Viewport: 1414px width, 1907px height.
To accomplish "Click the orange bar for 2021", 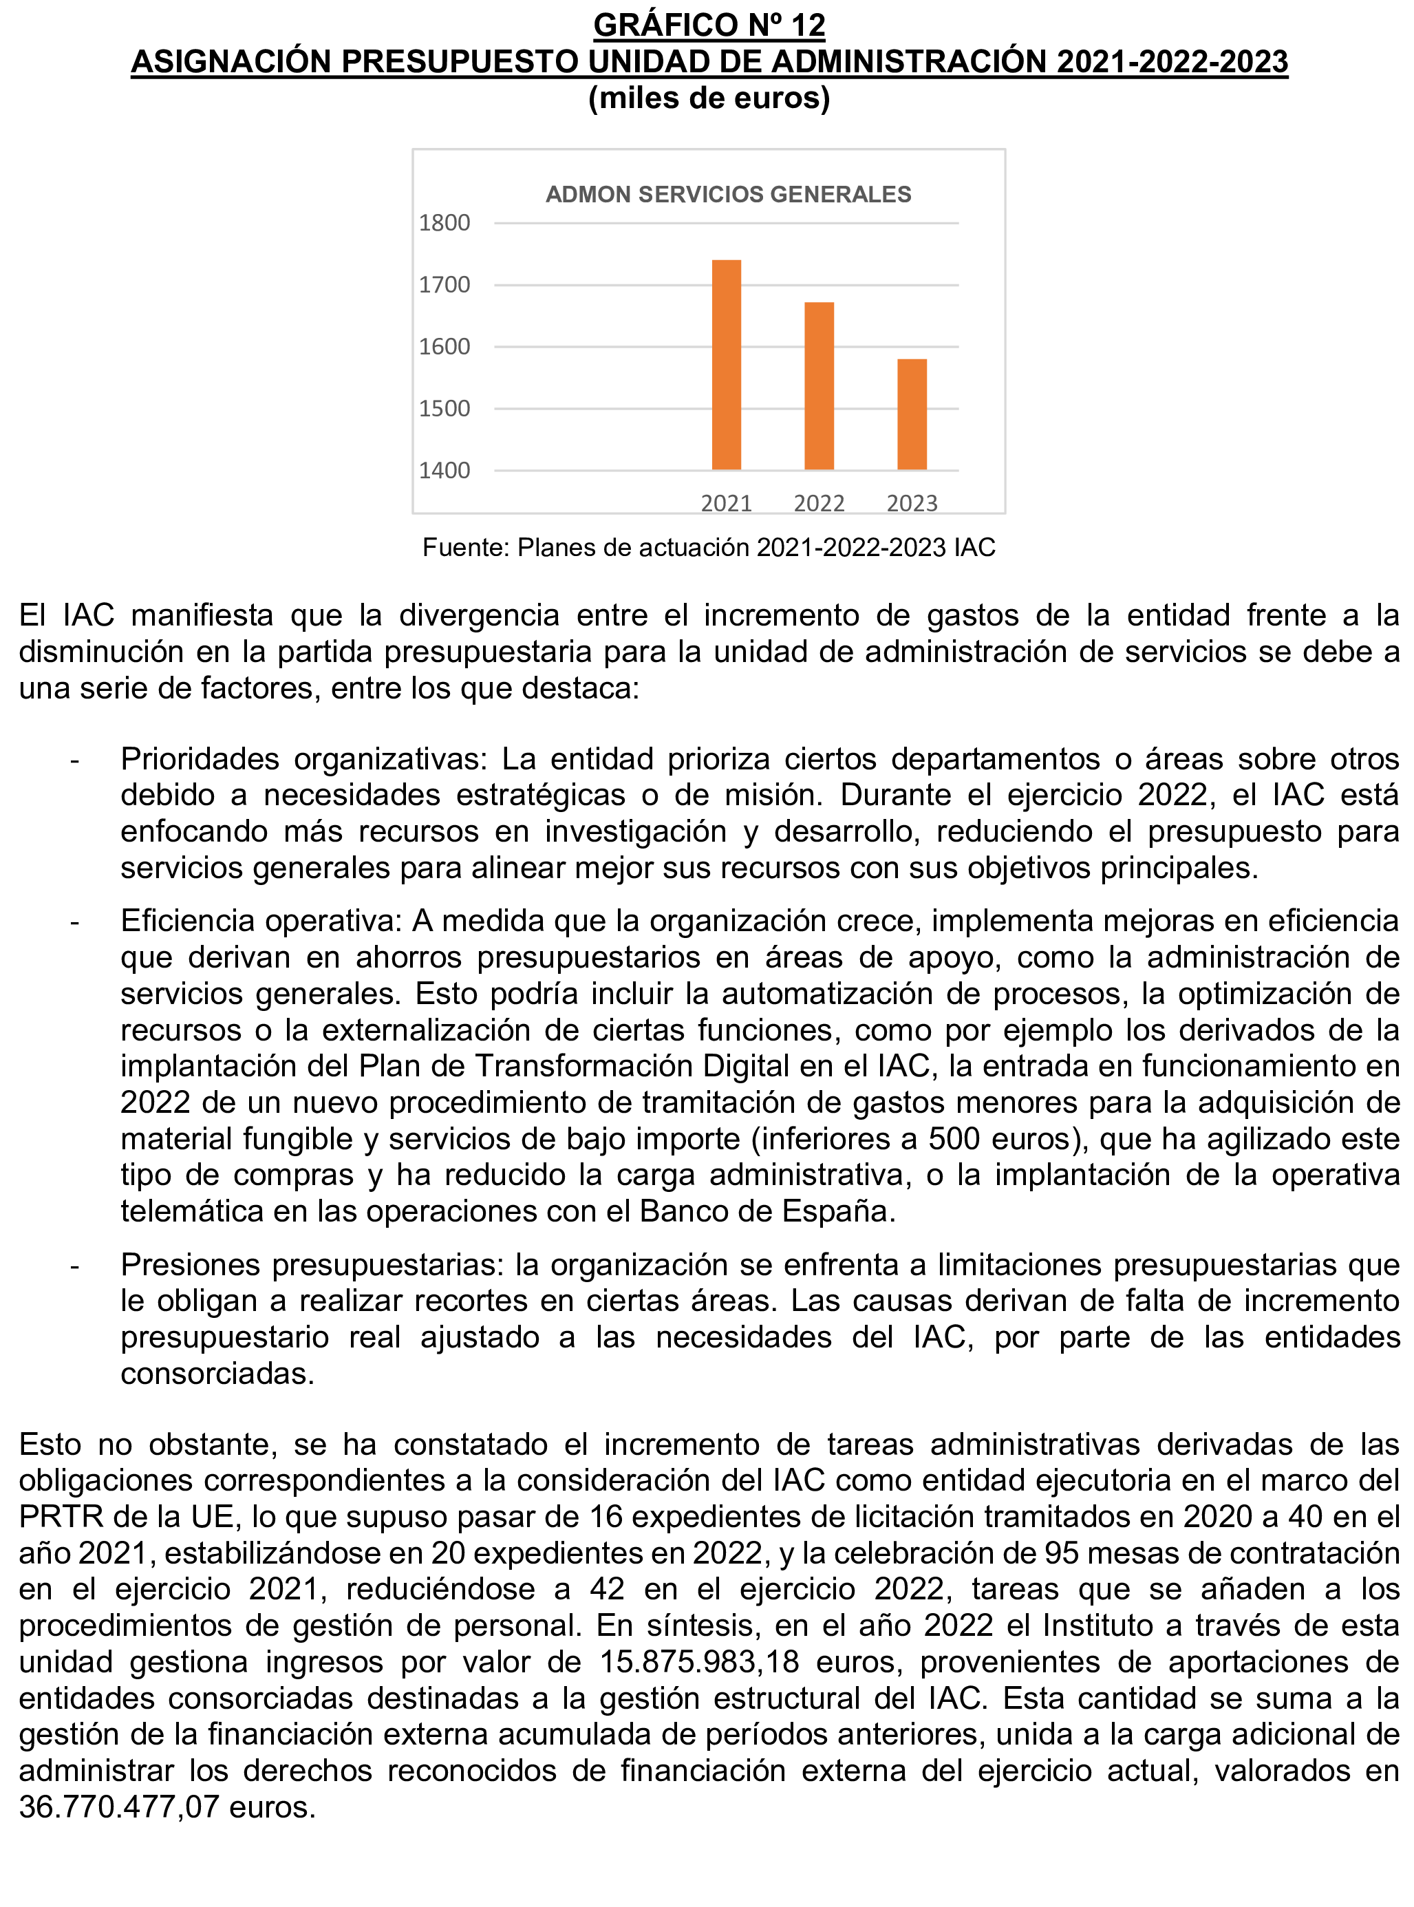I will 726,365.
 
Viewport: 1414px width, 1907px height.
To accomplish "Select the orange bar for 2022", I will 819,386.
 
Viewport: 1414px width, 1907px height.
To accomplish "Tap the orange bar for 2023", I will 912,414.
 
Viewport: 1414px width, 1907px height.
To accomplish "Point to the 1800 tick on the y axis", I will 444,224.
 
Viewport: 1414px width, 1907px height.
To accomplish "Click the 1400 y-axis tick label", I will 444,471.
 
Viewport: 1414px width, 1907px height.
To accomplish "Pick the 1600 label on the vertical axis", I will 444,347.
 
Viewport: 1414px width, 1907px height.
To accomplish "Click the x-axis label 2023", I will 912,503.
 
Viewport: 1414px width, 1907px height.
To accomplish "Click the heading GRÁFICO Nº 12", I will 709,25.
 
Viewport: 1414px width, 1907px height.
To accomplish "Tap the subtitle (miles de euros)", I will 709,98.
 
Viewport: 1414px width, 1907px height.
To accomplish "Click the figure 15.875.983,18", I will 699,1662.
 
